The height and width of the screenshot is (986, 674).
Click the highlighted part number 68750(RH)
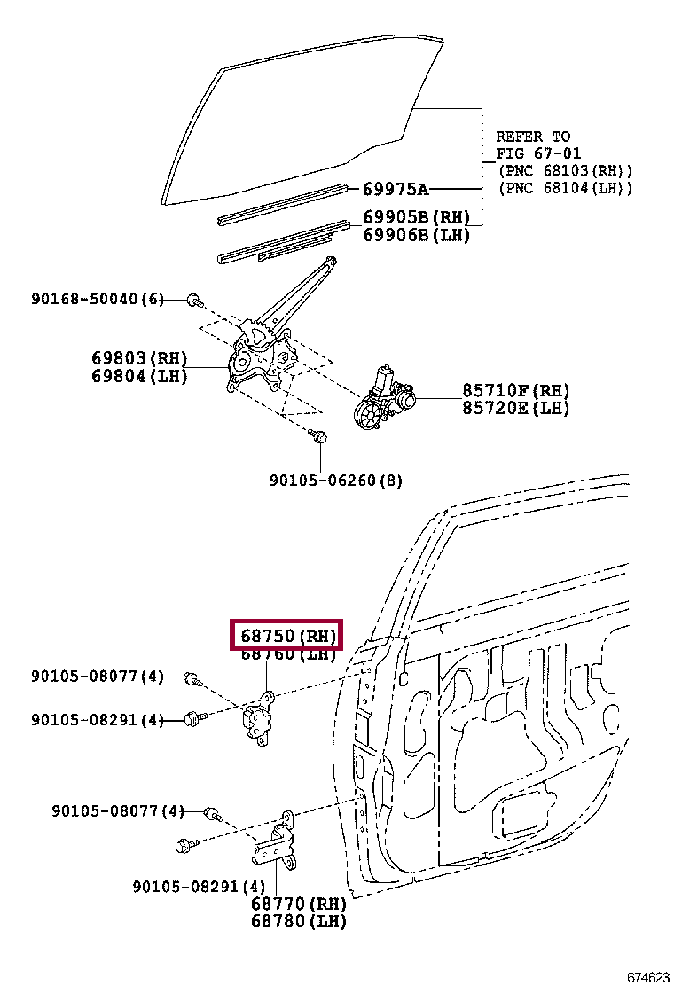pyautogui.click(x=286, y=637)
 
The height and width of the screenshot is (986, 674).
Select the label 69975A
pyautogui.click(x=396, y=189)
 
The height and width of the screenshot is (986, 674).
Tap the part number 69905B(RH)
pyautogui.click(x=416, y=218)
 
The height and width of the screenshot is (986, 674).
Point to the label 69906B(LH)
pyautogui.click(x=416, y=235)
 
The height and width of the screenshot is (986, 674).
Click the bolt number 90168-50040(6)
pyautogui.click(x=98, y=300)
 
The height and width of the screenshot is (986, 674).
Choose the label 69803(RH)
pyautogui.click(x=139, y=359)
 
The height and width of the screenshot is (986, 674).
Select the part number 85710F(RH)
pyautogui.click(x=515, y=391)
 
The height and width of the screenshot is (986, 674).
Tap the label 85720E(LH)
pyautogui.click(x=515, y=408)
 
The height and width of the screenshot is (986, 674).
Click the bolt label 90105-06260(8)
pyautogui.click(x=336, y=481)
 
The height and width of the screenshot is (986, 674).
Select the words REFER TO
pyautogui.click(x=533, y=137)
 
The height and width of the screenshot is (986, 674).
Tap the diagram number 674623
pyautogui.click(x=648, y=977)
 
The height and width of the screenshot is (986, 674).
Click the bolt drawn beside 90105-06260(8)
pyautogui.click(x=321, y=436)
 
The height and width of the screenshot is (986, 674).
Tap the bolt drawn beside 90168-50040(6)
pyautogui.click(x=193, y=301)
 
